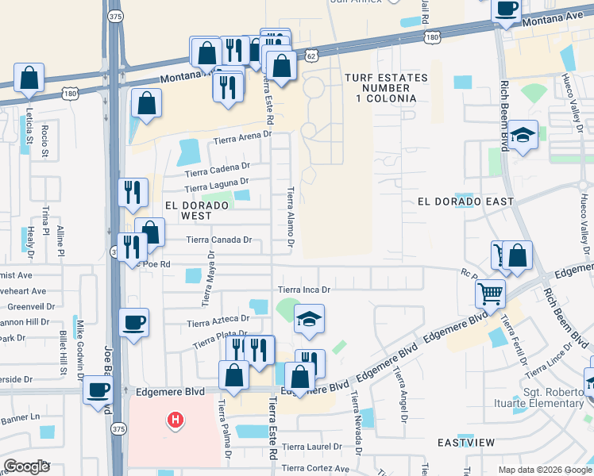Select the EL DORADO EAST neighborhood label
[465, 202]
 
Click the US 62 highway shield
[311, 56]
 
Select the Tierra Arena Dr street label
[241, 139]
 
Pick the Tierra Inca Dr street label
[303, 290]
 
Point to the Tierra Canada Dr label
[218, 240]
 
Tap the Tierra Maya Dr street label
[208, 278]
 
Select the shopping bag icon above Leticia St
[29, 79]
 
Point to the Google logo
[27, 466]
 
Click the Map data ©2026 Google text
[544, 470]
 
